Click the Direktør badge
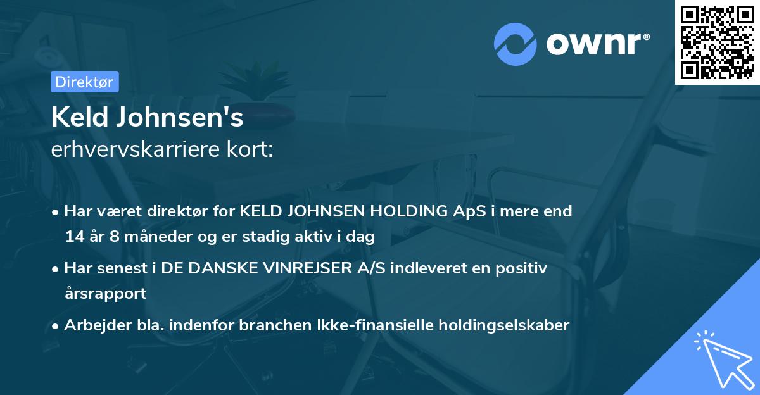pos(84,82)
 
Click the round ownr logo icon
pos(516,44)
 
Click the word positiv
pos(524,268)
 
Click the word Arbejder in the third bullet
pos(96,325)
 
